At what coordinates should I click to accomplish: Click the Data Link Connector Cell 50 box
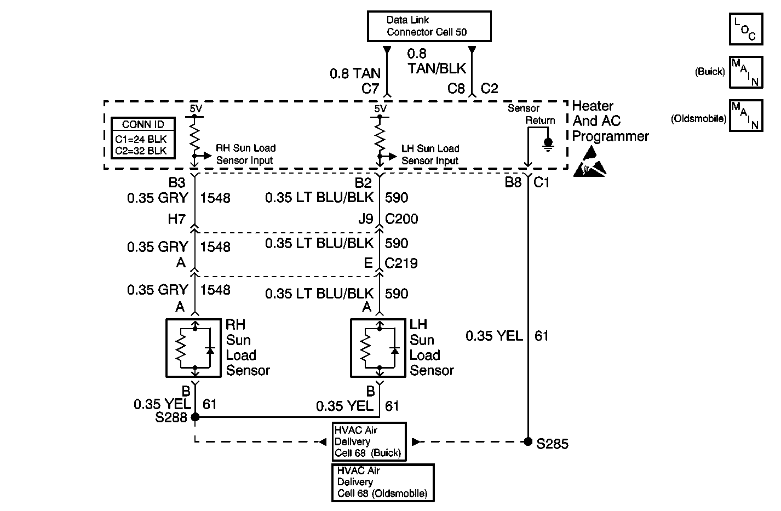428,26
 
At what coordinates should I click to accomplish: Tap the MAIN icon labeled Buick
745,72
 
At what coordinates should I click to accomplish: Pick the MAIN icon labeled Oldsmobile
745,115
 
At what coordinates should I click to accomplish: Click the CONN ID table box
143,137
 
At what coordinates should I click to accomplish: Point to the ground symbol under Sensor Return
548,143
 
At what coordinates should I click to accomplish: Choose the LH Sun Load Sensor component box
378,348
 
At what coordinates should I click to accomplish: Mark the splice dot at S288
195,417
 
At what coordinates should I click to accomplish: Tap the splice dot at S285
528,441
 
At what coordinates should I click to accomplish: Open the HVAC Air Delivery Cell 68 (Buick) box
370,441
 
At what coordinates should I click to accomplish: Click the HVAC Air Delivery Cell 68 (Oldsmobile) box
383,482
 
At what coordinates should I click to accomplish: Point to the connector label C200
401,219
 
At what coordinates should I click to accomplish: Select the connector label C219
401,263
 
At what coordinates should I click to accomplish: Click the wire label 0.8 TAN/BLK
437,61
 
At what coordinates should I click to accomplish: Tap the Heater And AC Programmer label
610,121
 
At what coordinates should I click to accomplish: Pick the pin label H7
176,219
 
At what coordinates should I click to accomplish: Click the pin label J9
365,219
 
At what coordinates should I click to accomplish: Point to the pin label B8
513,182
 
